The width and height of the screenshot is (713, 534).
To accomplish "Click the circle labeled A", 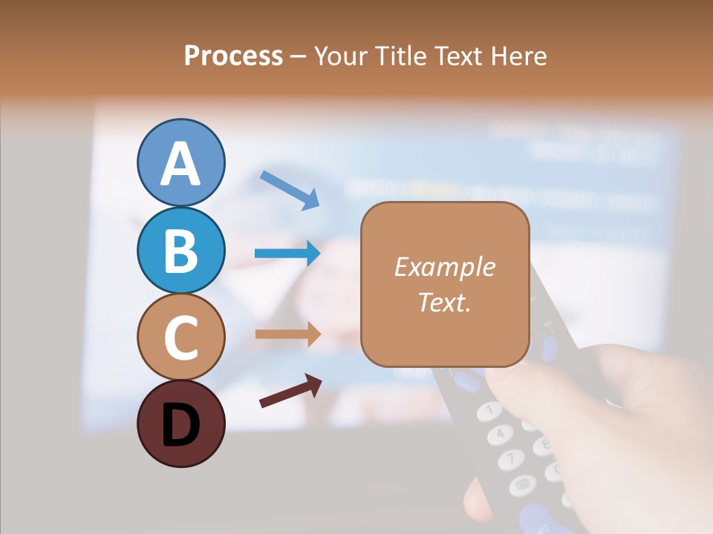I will [180, 162].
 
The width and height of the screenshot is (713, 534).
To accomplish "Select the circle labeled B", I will [180, 250].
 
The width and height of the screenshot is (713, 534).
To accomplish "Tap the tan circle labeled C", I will [180, 337].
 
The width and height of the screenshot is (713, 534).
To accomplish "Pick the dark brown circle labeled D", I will [180, 423].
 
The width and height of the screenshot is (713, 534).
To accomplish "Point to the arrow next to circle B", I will [287, 254].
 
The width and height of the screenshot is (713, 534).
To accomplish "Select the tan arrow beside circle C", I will [287, 334].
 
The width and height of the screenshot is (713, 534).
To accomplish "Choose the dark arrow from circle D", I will [290, 391].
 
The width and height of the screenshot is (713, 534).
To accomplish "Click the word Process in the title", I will [233, 56].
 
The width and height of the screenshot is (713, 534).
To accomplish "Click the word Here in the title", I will [517, 56].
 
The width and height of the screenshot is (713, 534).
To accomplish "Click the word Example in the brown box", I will [444, 267].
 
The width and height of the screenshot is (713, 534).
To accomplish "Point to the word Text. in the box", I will [444, 302].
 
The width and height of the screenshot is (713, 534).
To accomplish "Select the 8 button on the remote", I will [543, 444].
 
